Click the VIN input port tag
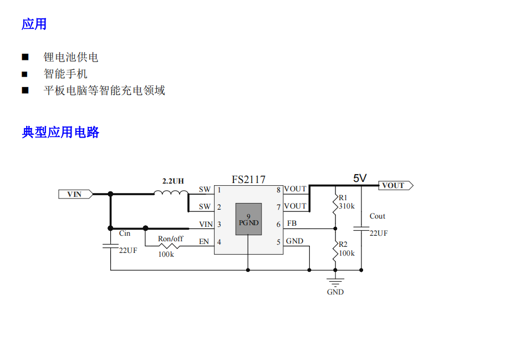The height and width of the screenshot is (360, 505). [x=75, y=194]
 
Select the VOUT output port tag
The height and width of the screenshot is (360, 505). [x=395, y=185]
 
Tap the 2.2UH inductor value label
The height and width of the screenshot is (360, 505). [x=173, y=181]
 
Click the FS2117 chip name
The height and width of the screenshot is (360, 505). [x=249, y=180]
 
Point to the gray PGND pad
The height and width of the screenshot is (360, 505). [x=249, y=219]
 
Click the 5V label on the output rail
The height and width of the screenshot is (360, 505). [x=360, y=178]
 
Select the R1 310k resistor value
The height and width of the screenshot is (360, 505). [x=346, y=206]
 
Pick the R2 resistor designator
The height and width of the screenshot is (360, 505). [x=343, y=244]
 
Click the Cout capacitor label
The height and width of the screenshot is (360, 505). [x=377, y=216]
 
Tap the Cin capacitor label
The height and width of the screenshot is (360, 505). [x=125, y=234]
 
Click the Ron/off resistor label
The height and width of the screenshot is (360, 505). [x=170, y=239]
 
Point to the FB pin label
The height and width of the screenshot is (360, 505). [x=292, y=224]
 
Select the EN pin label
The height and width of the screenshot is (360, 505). [x=204, y=241]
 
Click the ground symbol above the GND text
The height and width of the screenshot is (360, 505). [x=335, y=282]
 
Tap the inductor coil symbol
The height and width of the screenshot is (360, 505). [x=171, y=192]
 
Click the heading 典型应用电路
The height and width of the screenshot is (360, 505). [x=60, y=132]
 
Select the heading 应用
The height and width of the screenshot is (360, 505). [x=34, y=24]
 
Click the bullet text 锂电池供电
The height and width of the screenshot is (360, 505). [x=71, y=57]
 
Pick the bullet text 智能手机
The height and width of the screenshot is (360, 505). [x=65, y=74]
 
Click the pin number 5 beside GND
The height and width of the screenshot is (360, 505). [x=279, y=242]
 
